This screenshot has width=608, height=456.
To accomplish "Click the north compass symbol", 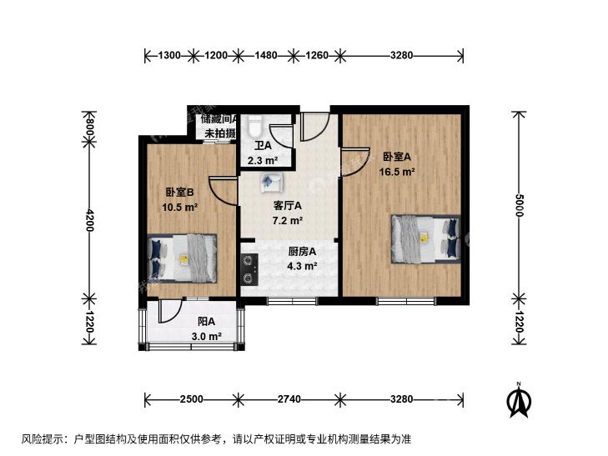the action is click(519, 401).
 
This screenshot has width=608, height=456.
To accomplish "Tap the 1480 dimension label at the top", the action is click(265, 55).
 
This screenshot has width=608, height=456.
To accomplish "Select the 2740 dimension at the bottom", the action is click(289, 399).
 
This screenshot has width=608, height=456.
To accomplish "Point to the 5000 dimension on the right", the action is click(520, 205).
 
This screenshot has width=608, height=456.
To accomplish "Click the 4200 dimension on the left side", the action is click(89, 220).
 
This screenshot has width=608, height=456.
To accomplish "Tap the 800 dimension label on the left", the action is click(89, 127).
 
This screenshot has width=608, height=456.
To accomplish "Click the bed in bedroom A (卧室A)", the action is click(425, 239).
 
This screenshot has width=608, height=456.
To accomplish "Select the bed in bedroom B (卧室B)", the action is click(182, 258).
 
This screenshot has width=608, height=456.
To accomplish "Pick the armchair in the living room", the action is click(272, 183).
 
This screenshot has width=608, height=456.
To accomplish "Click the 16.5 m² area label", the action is click(397, 172).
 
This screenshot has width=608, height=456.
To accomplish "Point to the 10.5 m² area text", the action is click(180, 207).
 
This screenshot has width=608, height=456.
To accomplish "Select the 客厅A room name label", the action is click(288, 206).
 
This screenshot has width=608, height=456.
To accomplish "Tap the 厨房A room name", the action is click(302, 252).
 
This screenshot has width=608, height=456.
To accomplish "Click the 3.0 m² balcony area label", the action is click(206, 336).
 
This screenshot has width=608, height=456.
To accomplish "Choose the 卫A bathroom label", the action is click(263, 146).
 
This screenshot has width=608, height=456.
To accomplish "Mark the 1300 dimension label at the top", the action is click(169, 55).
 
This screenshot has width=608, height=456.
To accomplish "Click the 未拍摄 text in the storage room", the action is click(220, 133).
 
